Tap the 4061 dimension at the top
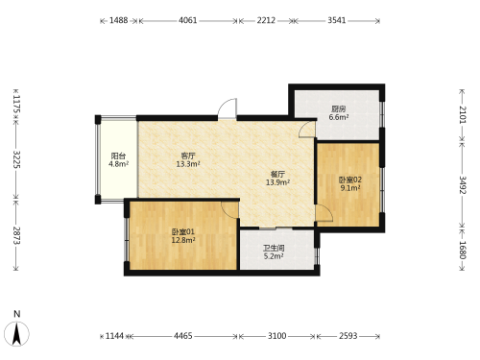pos(188,20)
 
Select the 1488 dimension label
pos(119,20)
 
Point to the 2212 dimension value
pos(266,20)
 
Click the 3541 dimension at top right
pos(337,20)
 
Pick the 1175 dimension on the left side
pos(16,105)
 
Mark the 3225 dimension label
pos(16,159)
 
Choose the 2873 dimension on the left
pos(16,235)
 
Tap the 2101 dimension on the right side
pos(463,114)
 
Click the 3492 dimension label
pos(463,185)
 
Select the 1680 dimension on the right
pos(463,250)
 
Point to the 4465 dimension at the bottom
pos(183,336)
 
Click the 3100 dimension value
pos(277,336)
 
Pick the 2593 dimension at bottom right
pos(348,336)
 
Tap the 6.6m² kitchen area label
pos(339,117)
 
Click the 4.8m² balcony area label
pos(118,164)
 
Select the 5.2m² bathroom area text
pos(274,256)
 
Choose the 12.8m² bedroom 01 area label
pos(183,240)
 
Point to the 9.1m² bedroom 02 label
pos(350,188)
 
